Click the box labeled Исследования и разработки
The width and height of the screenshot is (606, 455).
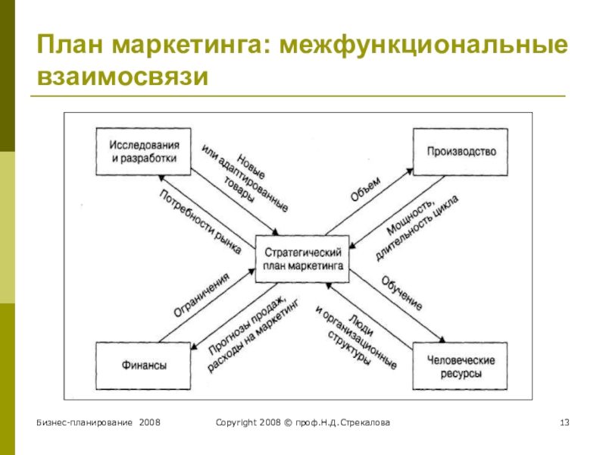143,152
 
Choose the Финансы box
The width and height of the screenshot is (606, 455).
143,366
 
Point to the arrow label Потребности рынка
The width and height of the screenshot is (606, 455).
200,221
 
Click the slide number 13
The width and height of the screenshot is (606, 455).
564,421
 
